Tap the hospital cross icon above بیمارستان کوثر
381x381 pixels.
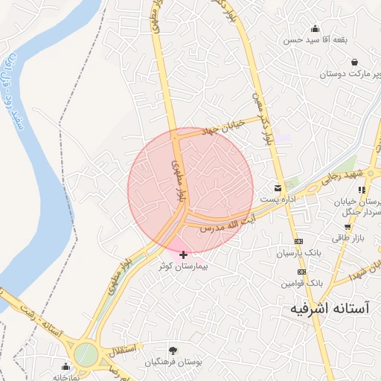click(184, 254)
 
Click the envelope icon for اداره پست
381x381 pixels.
click(278, 188)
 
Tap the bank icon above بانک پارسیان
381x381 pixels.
click(299, 242)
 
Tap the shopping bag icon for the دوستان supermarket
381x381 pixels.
click(353, 62)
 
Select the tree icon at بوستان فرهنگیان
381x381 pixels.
click(173, 350)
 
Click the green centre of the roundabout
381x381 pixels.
click(86, 355)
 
